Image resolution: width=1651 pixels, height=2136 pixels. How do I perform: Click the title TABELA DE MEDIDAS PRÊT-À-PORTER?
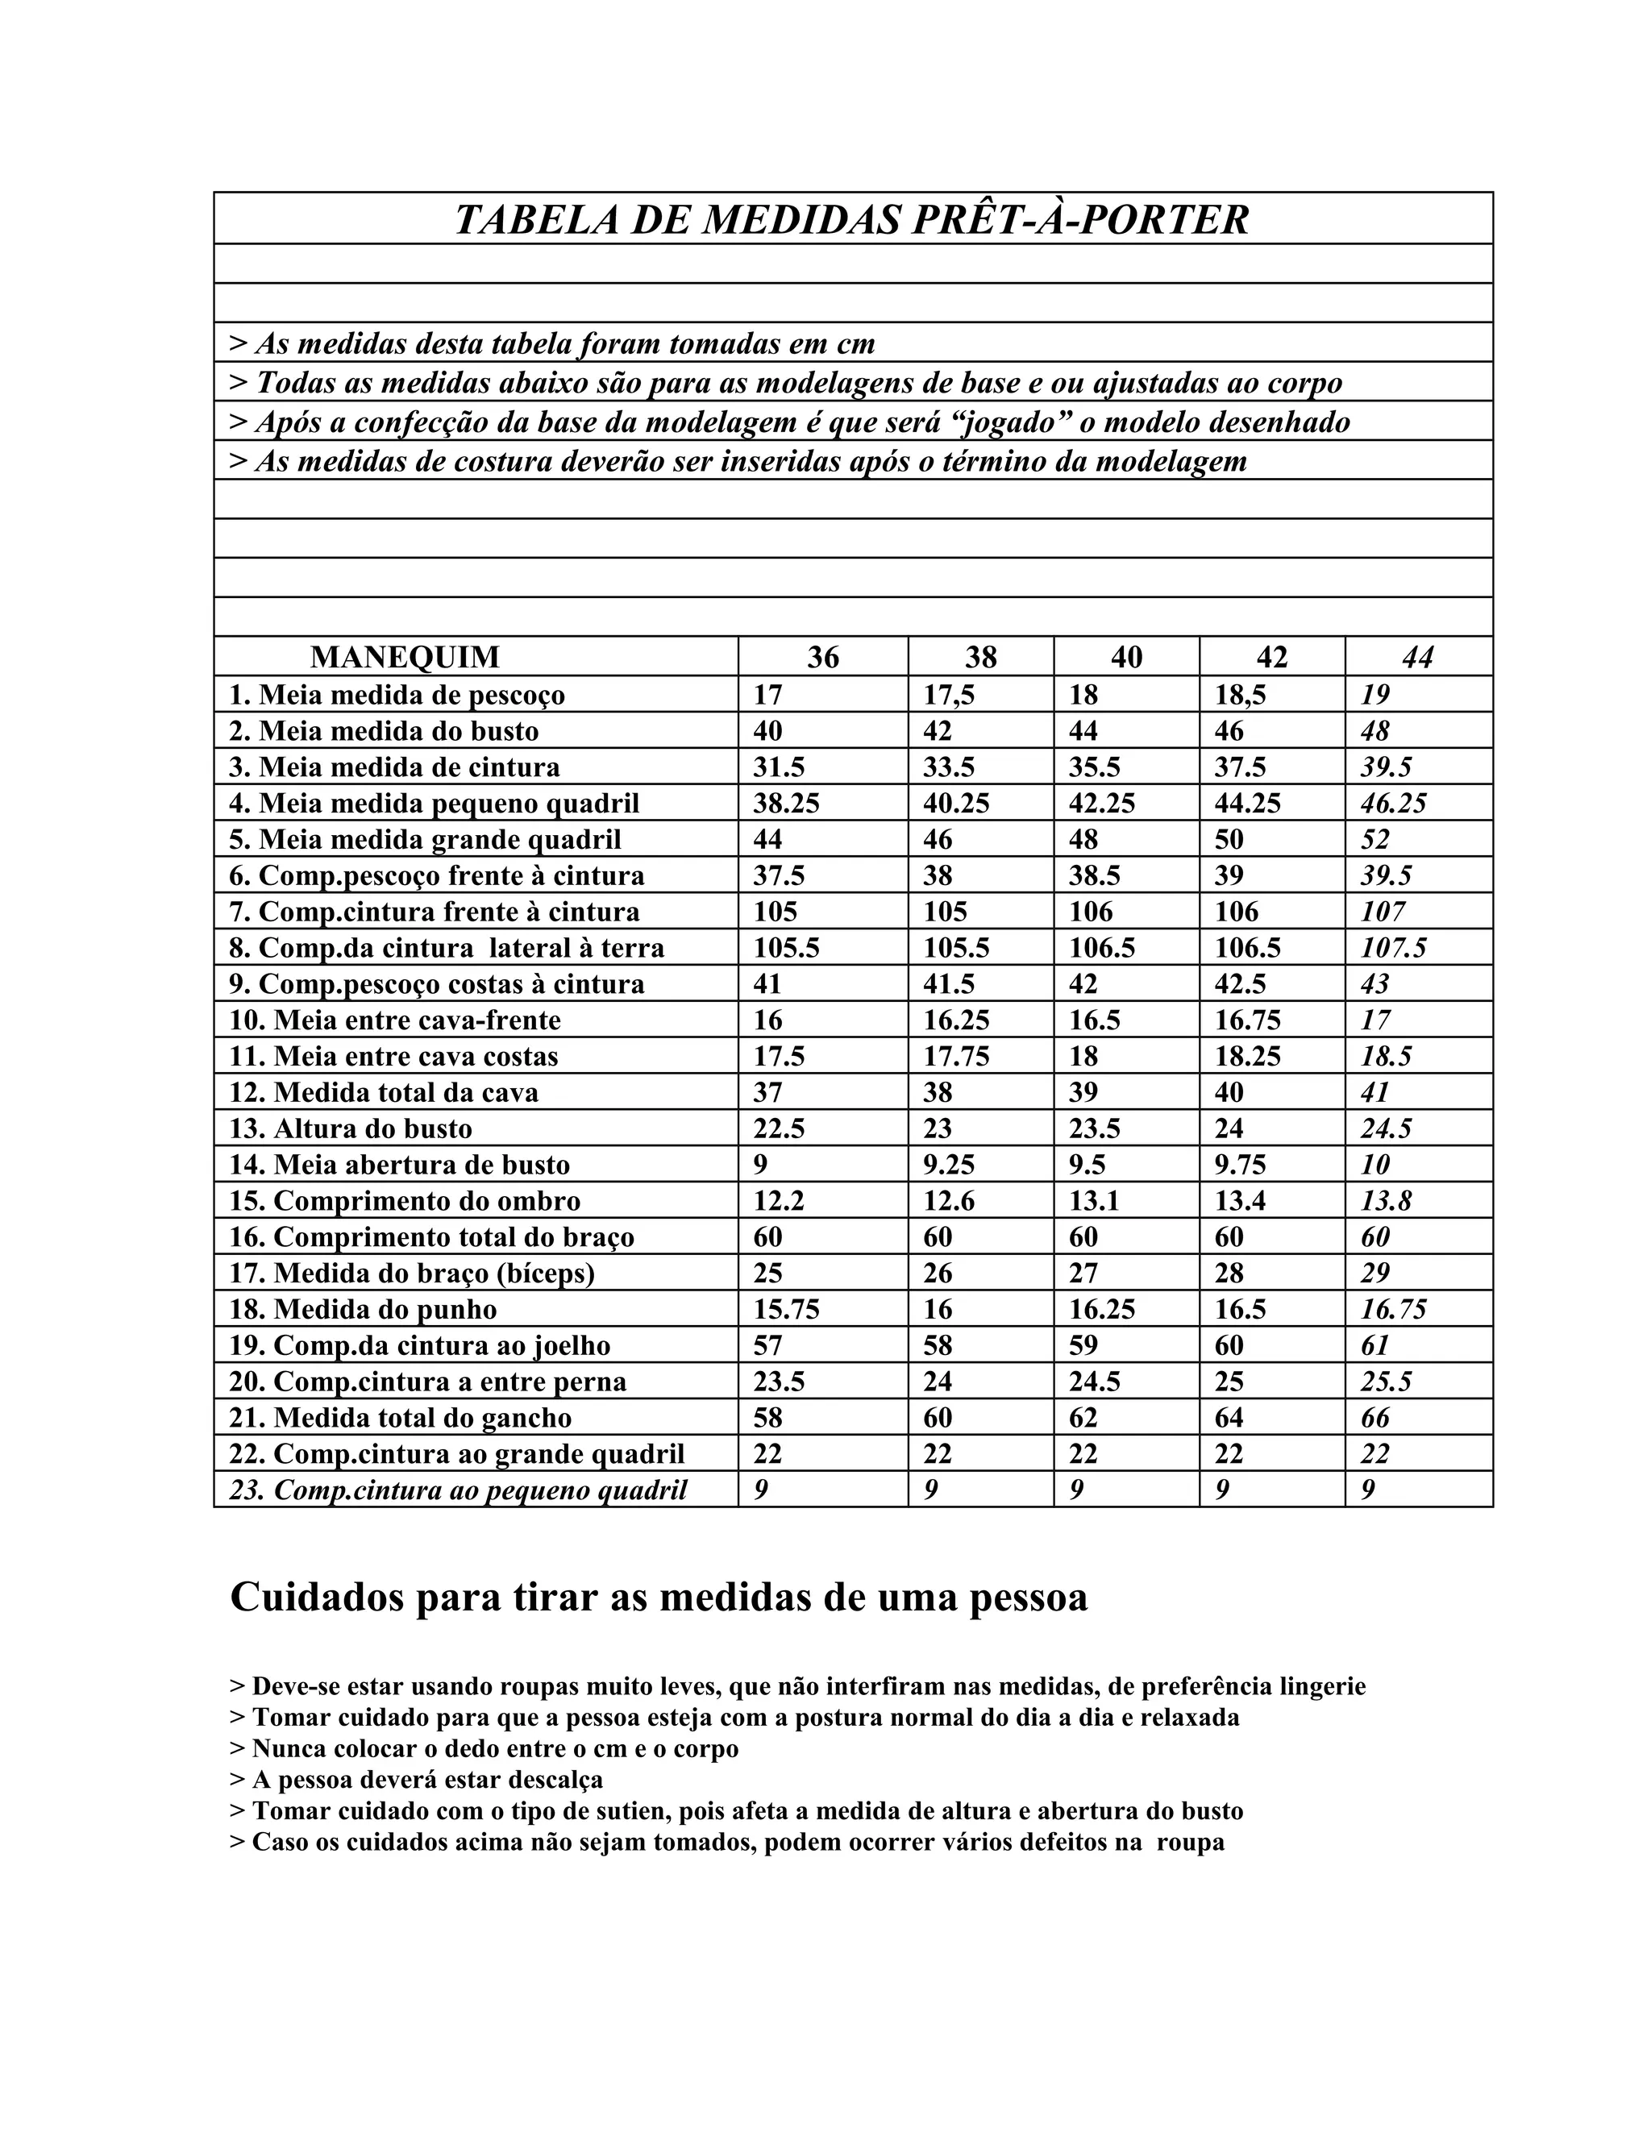click(x=852, y=219)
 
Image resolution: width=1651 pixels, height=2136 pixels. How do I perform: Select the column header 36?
click(x=822, y=657)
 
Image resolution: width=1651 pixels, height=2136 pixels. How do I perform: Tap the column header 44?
click(x=1417, y=657)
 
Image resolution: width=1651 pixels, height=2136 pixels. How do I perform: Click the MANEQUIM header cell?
click(x=404, y=657)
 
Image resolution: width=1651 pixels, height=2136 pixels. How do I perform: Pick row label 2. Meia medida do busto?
click(x=384, y=732)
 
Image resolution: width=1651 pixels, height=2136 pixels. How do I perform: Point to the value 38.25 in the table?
click(x=785, y=804)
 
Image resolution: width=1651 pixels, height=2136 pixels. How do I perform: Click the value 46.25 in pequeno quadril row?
click(x=1393, y=804)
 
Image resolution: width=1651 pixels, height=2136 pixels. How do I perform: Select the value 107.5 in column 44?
click(x=1393, y=949)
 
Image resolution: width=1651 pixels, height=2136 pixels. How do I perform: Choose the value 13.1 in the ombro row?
click(x=1093, y=1201)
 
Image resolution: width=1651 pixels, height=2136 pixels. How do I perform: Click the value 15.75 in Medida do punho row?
click(x=785, y=1310)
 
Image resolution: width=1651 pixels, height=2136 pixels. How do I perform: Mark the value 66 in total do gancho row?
click(x=1375, y=1418)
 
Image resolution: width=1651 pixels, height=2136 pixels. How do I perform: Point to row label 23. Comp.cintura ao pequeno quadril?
click(x=458, y=1490)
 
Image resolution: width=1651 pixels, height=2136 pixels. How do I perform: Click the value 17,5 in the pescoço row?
click(x=949, y=696)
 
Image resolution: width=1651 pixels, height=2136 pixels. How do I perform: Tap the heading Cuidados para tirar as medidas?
click(x=659, y=1599)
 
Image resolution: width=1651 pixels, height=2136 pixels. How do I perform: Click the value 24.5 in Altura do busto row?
click(x=1386, y=1129)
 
